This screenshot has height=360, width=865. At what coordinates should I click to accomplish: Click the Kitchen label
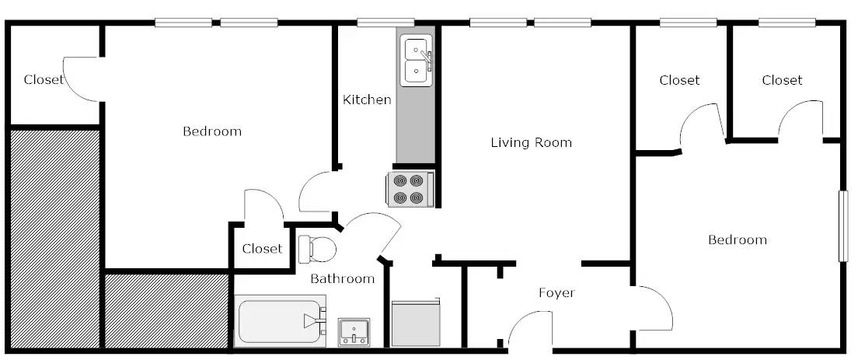367,100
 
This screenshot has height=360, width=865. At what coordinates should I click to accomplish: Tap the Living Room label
532,142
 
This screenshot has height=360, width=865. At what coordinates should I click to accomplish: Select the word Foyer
556,293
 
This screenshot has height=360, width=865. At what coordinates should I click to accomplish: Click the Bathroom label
343,279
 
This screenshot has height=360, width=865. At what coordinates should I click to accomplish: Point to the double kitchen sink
416,61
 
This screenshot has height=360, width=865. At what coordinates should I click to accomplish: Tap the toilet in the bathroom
317,249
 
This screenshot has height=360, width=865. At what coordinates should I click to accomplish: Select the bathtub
281,321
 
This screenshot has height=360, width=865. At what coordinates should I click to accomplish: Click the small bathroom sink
354,332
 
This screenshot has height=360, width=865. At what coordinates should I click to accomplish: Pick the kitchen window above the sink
385,23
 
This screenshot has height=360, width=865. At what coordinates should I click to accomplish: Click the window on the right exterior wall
842,225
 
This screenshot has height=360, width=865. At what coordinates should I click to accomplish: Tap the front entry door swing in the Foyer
529,330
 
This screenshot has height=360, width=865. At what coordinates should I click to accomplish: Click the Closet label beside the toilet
262,249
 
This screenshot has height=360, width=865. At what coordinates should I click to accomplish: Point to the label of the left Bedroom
212,131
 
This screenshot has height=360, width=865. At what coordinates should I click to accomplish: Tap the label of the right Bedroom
738,239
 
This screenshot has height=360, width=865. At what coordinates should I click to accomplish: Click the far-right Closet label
783,80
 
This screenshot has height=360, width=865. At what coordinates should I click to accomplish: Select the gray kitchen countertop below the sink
416,124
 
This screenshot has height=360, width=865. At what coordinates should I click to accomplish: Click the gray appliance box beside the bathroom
415,323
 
